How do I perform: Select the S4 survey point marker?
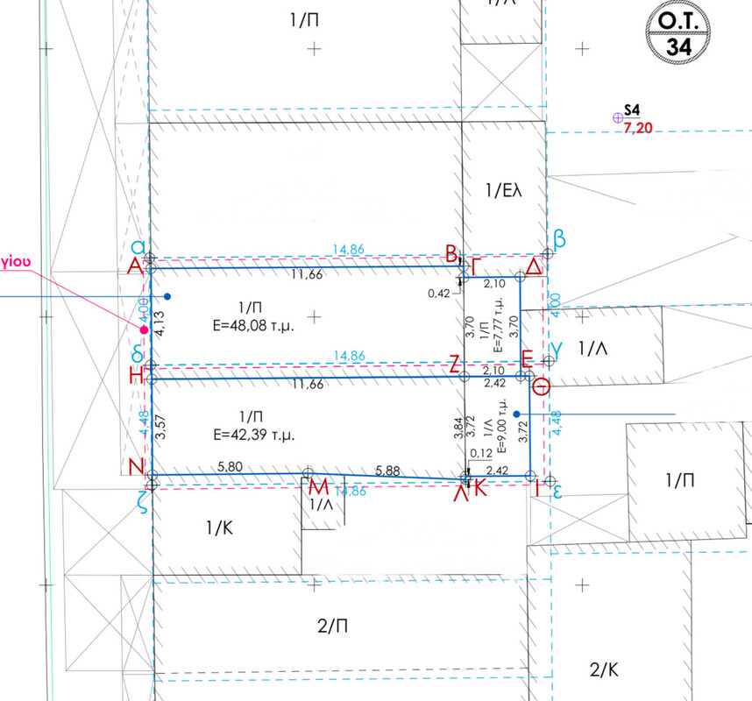617,116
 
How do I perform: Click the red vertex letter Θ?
543,386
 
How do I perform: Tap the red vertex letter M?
319,486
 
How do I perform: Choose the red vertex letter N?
136,468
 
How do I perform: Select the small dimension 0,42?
439,293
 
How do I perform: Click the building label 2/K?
605,670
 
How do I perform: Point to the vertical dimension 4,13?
160,322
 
